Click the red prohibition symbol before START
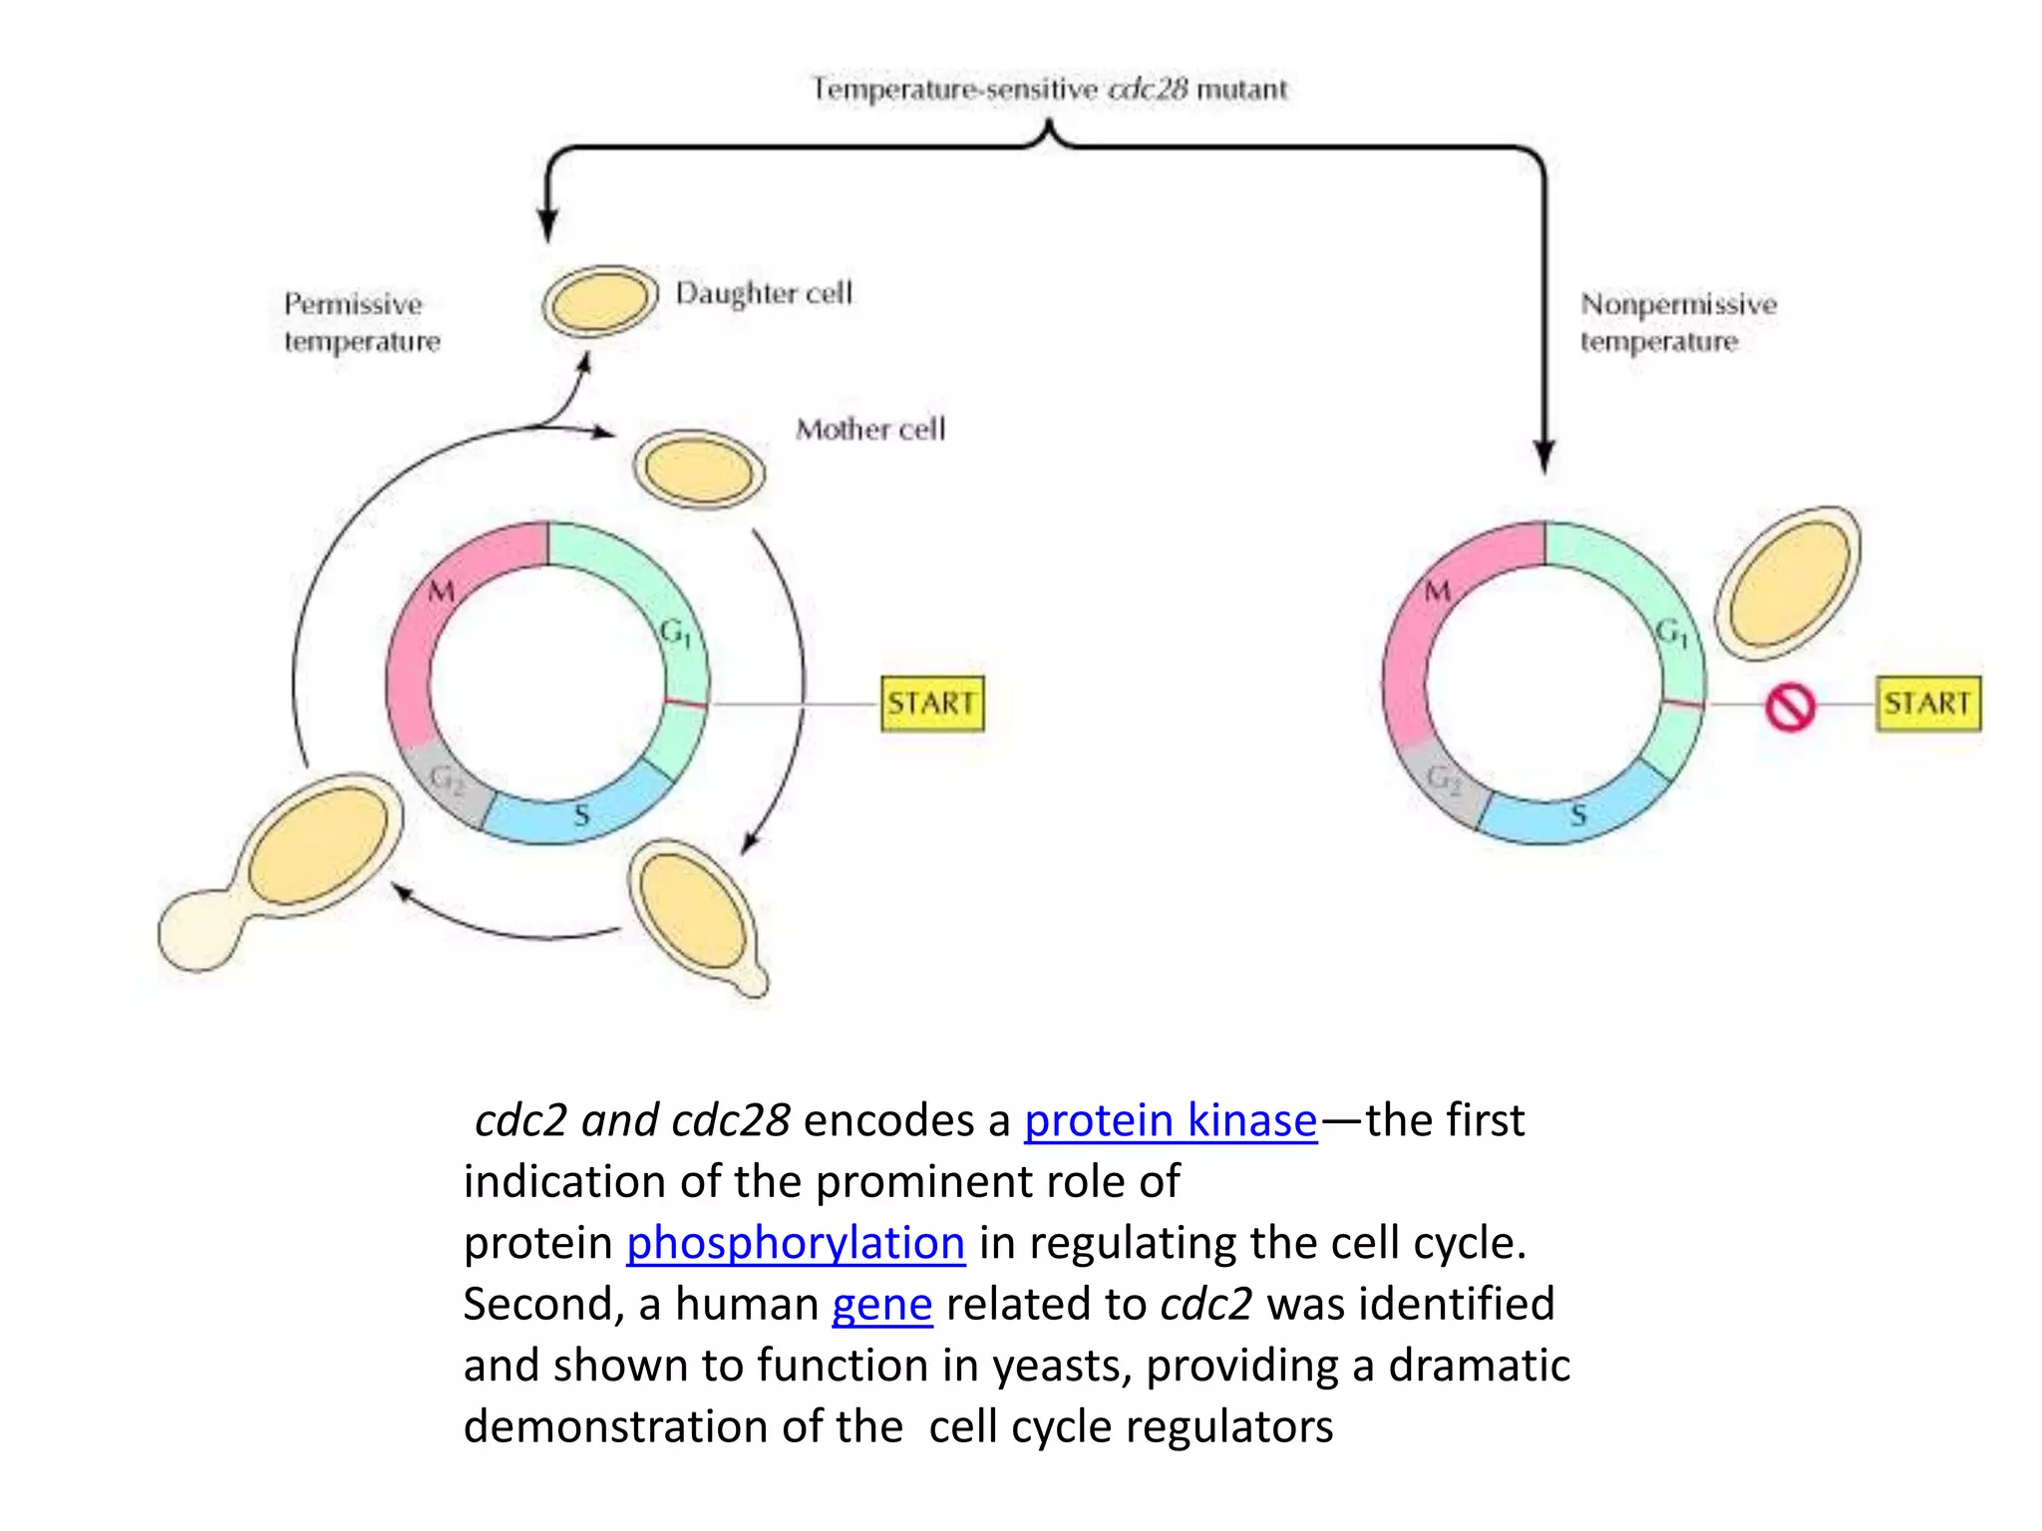click(1790, 708)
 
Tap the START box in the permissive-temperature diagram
click(932, 704)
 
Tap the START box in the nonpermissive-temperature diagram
click(1927, 704)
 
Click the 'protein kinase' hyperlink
click(1171, 1120)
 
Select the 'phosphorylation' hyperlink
click(795, 1243)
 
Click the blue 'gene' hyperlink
click(881, 1304)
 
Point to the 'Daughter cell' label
click(764, 293)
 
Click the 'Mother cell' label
click(869, 430)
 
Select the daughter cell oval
click(600, 300)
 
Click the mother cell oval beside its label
click(699, 468)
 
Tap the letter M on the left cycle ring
click(442, 591)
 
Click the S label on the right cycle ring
click(1578, 815)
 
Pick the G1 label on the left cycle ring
click(675, 632)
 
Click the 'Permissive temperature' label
click(360, 322)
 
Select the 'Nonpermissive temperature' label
click(1677, 322)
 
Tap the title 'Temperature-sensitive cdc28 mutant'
click(1049, 90)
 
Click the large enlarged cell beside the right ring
click(1788, 583)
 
